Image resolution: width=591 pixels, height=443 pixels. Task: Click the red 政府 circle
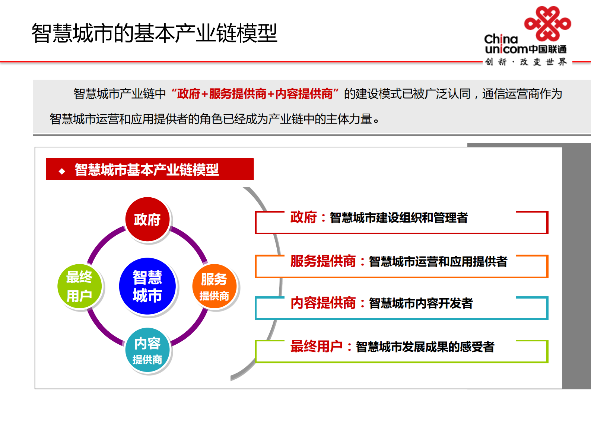147,219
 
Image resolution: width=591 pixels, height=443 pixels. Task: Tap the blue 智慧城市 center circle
147,286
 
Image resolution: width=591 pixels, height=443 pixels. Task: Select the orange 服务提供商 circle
214,286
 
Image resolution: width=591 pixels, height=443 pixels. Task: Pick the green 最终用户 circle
79,286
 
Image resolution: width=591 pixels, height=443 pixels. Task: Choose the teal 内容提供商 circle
147,350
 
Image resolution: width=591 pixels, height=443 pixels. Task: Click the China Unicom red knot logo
547,23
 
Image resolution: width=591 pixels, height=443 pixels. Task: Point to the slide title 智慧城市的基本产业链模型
154,33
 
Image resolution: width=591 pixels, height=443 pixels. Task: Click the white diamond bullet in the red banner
62,171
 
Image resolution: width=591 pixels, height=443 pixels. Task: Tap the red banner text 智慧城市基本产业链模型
147,170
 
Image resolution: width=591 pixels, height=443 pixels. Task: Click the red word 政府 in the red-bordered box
304,217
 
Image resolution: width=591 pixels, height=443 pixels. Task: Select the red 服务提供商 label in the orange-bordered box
323,261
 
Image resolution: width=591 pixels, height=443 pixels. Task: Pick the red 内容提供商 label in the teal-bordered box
323,303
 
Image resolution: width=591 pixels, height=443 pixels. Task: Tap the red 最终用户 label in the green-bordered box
316,347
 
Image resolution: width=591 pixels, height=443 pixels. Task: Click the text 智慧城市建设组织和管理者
398,218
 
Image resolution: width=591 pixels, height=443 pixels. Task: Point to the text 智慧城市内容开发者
421,303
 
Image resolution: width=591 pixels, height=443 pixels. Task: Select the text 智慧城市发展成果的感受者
425,347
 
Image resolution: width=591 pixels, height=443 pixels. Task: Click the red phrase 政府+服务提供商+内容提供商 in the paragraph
255,94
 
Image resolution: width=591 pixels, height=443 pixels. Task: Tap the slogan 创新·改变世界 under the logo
526,62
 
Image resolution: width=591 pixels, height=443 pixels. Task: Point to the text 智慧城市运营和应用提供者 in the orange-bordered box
438,262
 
